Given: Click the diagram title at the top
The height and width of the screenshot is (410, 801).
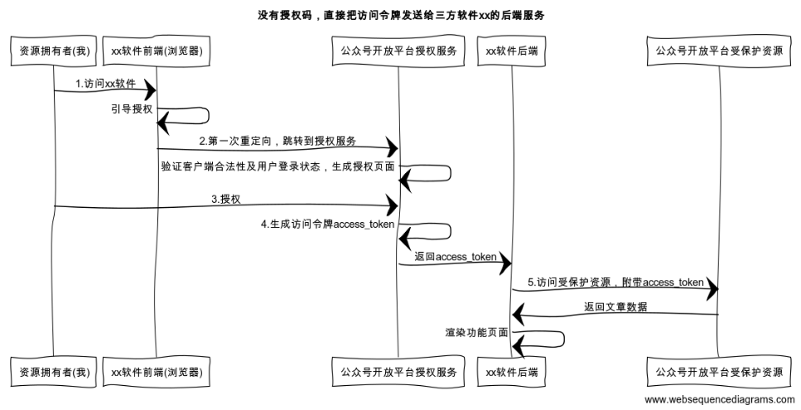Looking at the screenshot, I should pos(401,16).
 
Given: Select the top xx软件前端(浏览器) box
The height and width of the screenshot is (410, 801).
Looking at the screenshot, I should pos(157,51).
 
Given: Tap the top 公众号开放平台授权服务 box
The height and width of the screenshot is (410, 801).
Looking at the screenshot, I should pos(398,51).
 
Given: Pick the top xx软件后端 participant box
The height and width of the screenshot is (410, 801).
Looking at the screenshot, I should pos(512,51).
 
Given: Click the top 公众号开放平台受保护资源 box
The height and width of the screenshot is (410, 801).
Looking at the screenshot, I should pos(718,51).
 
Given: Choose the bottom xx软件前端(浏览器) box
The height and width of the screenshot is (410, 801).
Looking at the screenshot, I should pos(157,372).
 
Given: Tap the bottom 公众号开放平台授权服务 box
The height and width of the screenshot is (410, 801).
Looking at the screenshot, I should pos(398,372).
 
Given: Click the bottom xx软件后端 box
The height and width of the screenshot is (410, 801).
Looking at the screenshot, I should pos(512,372).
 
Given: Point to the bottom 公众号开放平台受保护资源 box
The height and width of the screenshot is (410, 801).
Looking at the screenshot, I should pos(718,372).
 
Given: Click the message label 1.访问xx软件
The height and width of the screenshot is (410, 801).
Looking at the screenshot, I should pos(105,83).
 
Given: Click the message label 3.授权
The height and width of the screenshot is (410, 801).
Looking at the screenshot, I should pos(225,199).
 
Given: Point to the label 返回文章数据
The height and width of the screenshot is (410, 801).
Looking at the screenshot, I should pos(615,306).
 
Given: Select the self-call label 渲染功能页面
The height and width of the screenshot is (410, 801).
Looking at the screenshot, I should pos(476,332).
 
